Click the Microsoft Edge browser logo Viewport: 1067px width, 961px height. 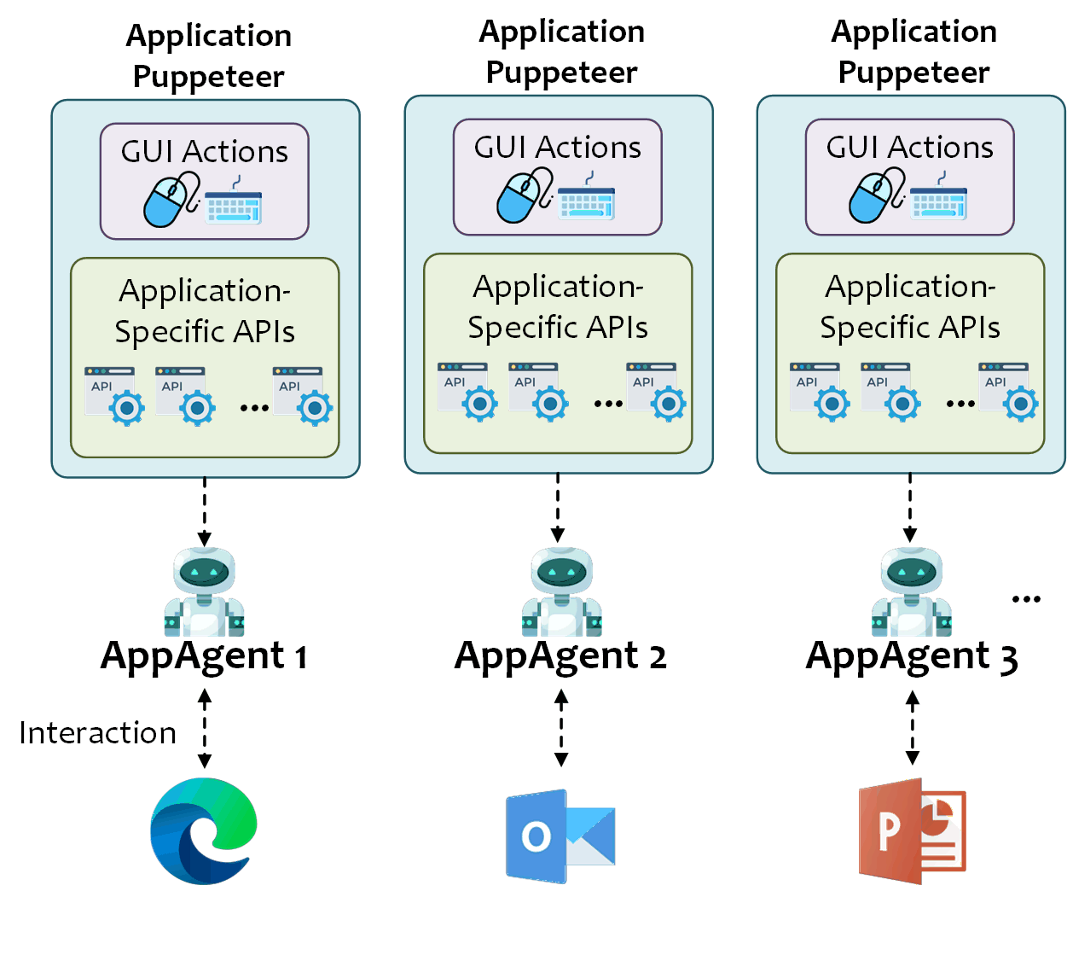tap(203, 830)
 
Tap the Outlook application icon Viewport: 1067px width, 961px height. tap(560, 836)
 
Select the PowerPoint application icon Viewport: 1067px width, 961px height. tap(912, 831)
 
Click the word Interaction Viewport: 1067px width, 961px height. tap(97, 733)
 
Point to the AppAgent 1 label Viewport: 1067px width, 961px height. tap(204, 656)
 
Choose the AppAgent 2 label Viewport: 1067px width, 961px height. tap(560, 656)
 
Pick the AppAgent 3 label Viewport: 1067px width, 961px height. tap(912, 656)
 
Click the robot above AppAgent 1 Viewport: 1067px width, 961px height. tap(204, 591)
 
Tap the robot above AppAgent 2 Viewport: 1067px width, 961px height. tap(561, 591)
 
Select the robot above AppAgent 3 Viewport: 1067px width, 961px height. tap(912, 591)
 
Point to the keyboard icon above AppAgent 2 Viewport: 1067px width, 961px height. tap(586, 199)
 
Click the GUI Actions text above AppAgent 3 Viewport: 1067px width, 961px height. tap(909, 148)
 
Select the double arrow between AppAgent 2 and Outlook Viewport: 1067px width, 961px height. tap(561, 728)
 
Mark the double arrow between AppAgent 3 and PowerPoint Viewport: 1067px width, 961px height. tap(913, 728)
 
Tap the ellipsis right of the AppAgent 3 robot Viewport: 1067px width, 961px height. tap(1026, 599)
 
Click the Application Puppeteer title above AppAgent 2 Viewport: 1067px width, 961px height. tap(561, 52)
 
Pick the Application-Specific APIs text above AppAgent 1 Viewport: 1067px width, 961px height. tap(205, 311)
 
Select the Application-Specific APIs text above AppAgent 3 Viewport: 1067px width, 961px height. tap(910, 306)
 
